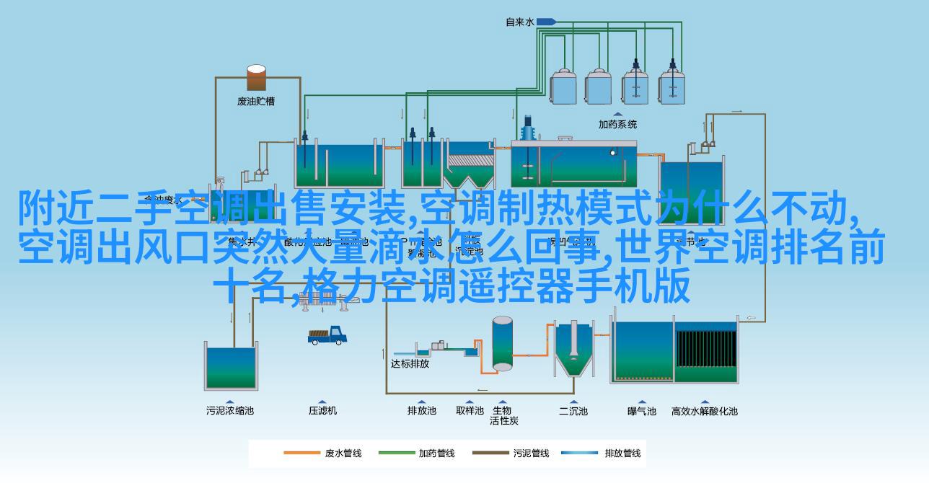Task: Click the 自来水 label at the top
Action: tap(519, 22)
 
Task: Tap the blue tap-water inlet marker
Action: tap(540, 22)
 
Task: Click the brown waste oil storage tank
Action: tap(256, 78)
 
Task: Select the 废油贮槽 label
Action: tap(256, 101)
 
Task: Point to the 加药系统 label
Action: tap(617, 124)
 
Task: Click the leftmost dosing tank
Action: tap(565, 87)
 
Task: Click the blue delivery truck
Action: tap(327, 335)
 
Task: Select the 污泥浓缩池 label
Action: tap(230, 411)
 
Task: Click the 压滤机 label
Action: tap(322, 411)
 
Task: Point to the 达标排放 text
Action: tap(410, 363)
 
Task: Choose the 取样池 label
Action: tap(470, 411)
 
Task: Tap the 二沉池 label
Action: tap(573, 411)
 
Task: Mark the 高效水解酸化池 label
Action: tap(705, 411)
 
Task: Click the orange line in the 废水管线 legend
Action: tap(301, 453)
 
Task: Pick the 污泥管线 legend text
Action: tap(531, 453)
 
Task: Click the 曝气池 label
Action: tap(641, 411)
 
